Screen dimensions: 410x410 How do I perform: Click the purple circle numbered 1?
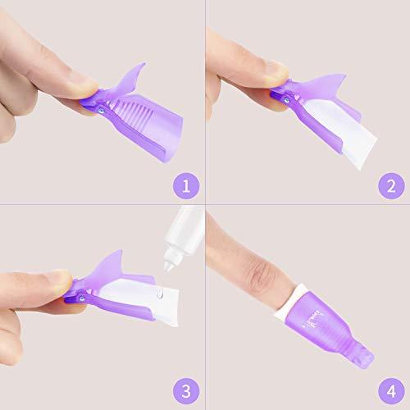(x=186, y=186)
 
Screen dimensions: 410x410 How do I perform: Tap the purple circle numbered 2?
(x=391, y=186)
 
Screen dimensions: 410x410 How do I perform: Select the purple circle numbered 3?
(x=186, y=391)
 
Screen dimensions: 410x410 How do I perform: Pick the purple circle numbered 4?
(x=391, y=391)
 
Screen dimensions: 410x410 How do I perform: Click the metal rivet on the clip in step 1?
(x=102, y=111)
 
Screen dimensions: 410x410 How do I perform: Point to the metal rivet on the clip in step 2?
(x=286, y=100)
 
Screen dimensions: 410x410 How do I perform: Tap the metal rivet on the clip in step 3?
(x=81, y=298)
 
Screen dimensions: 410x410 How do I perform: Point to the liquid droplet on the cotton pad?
(x=160, y=294)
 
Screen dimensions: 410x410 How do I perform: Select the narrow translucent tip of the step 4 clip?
(x=362, y=355)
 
